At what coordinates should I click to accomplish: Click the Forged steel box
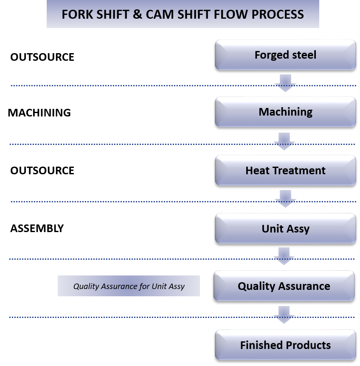(285, 55)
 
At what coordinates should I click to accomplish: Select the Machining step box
(285, 112)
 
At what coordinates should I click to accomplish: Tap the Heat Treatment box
(285, 170)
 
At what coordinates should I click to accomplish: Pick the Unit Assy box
(285, 229)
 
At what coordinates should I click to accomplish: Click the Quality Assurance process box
(284, 286)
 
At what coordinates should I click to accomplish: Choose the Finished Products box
(285, 345)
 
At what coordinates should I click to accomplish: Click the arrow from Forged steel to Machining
(285, 83)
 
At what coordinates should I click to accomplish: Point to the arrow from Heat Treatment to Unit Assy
(285, 199)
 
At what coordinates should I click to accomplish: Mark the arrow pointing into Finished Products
(284, 315)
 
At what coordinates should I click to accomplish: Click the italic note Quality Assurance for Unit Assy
(129, 286)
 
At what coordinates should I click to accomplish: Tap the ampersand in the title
(136, 14)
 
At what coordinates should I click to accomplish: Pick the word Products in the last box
(308, 345)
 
